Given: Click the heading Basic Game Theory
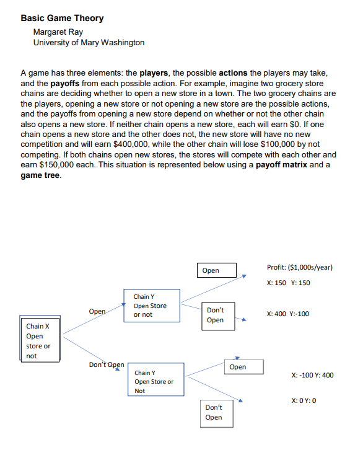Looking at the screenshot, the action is (62, 18).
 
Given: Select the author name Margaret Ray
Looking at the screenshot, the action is (58, 32).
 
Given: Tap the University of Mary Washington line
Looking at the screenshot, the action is (89, 42).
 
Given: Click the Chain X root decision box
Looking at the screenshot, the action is (38, 340).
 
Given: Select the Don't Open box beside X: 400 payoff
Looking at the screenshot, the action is (216, 314).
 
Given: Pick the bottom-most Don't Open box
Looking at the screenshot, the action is (214, 412).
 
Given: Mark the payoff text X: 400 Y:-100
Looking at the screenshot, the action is (287, 314).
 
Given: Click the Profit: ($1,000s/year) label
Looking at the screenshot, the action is (300, 267).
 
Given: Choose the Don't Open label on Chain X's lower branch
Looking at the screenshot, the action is (107, 364).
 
